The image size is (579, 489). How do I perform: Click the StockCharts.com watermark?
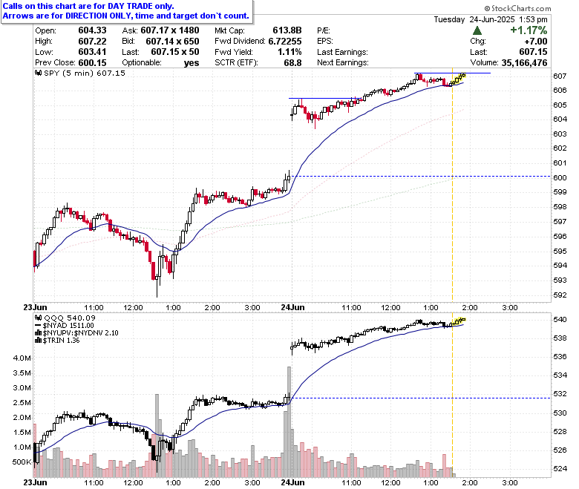[517, 8]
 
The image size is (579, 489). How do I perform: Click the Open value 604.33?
[92, 30]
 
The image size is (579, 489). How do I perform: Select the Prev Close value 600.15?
[92, 63]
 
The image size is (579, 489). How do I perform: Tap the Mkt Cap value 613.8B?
[287, 30]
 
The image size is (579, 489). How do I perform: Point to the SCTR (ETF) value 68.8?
[292, 63]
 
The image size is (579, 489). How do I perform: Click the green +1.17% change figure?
[529, 30]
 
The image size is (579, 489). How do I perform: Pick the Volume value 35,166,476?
[524, 63]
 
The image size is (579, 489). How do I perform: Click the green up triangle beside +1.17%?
[477, 30]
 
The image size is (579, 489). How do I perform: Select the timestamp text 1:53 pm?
[533, 19]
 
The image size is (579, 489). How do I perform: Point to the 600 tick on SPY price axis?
[560, 177]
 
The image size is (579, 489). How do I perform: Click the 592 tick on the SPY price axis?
[560, 295]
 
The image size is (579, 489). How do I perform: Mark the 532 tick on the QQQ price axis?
[560, 394]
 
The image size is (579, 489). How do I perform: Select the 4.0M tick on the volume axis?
[22, 358]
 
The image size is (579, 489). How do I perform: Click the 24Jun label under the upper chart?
[292, 307]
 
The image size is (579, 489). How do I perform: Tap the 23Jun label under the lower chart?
[35, 482]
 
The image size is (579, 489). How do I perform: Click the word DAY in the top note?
[117, 6]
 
